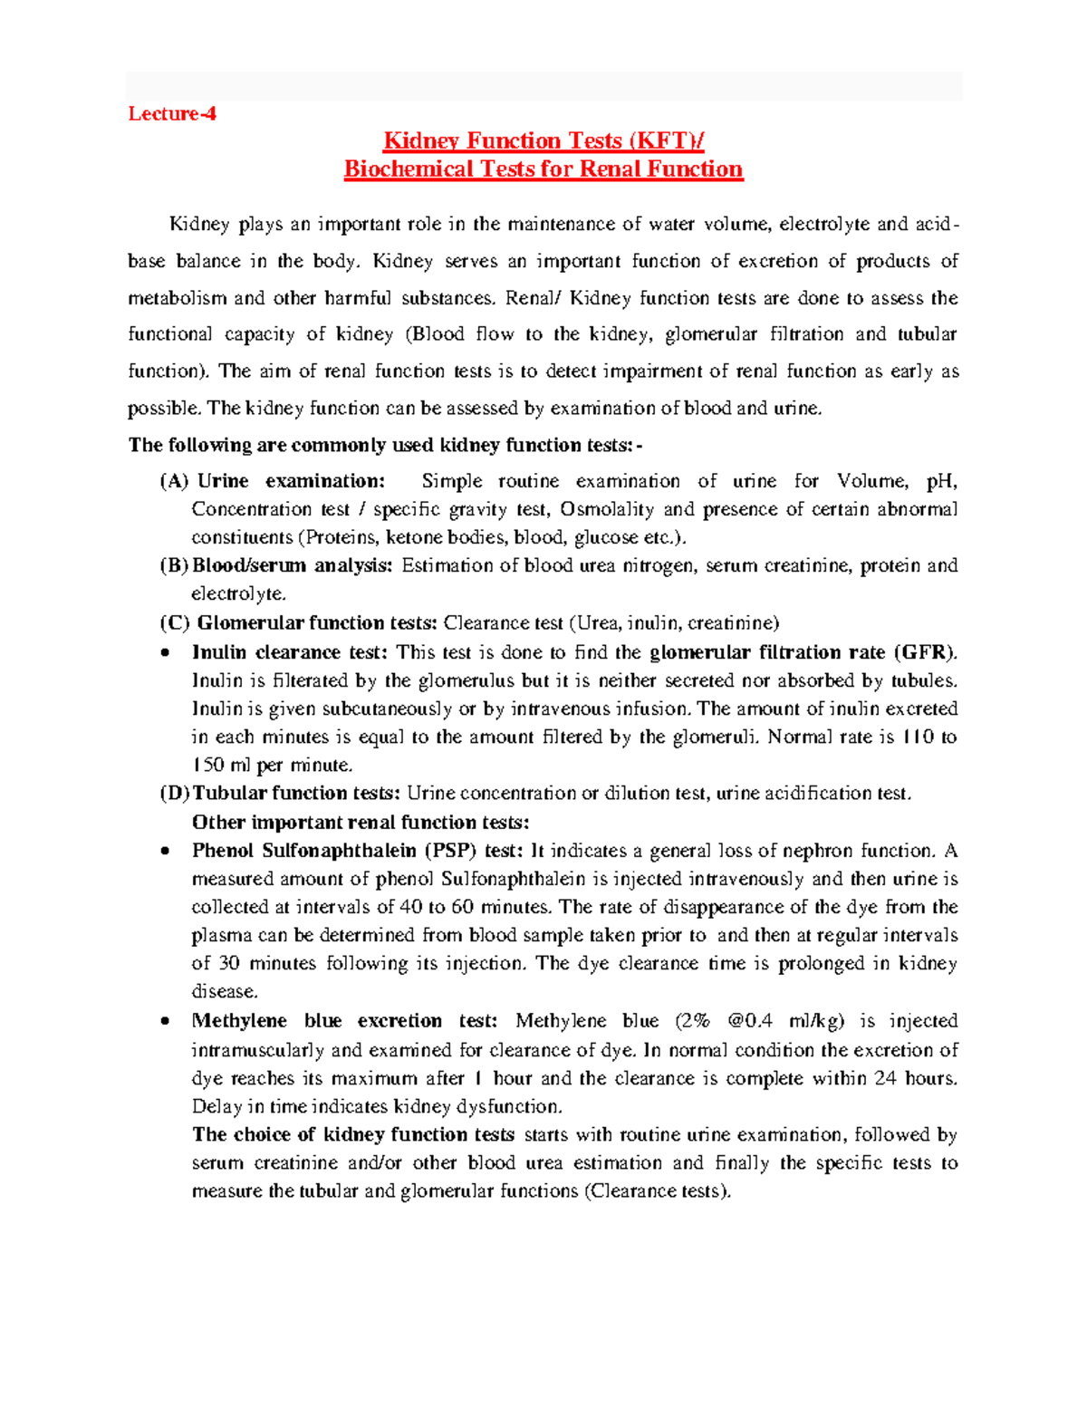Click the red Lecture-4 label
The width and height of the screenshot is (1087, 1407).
172,113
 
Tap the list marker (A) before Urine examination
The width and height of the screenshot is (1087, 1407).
174,481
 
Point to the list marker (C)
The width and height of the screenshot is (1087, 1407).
174,622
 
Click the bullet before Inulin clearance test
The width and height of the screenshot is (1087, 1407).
164,653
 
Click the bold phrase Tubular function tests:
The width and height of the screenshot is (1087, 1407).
296,793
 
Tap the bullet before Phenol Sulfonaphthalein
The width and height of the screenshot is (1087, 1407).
164,852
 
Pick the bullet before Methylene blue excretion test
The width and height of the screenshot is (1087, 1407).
164,1022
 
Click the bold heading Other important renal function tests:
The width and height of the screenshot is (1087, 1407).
361,822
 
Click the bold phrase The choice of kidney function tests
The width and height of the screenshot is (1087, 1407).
353,1134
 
